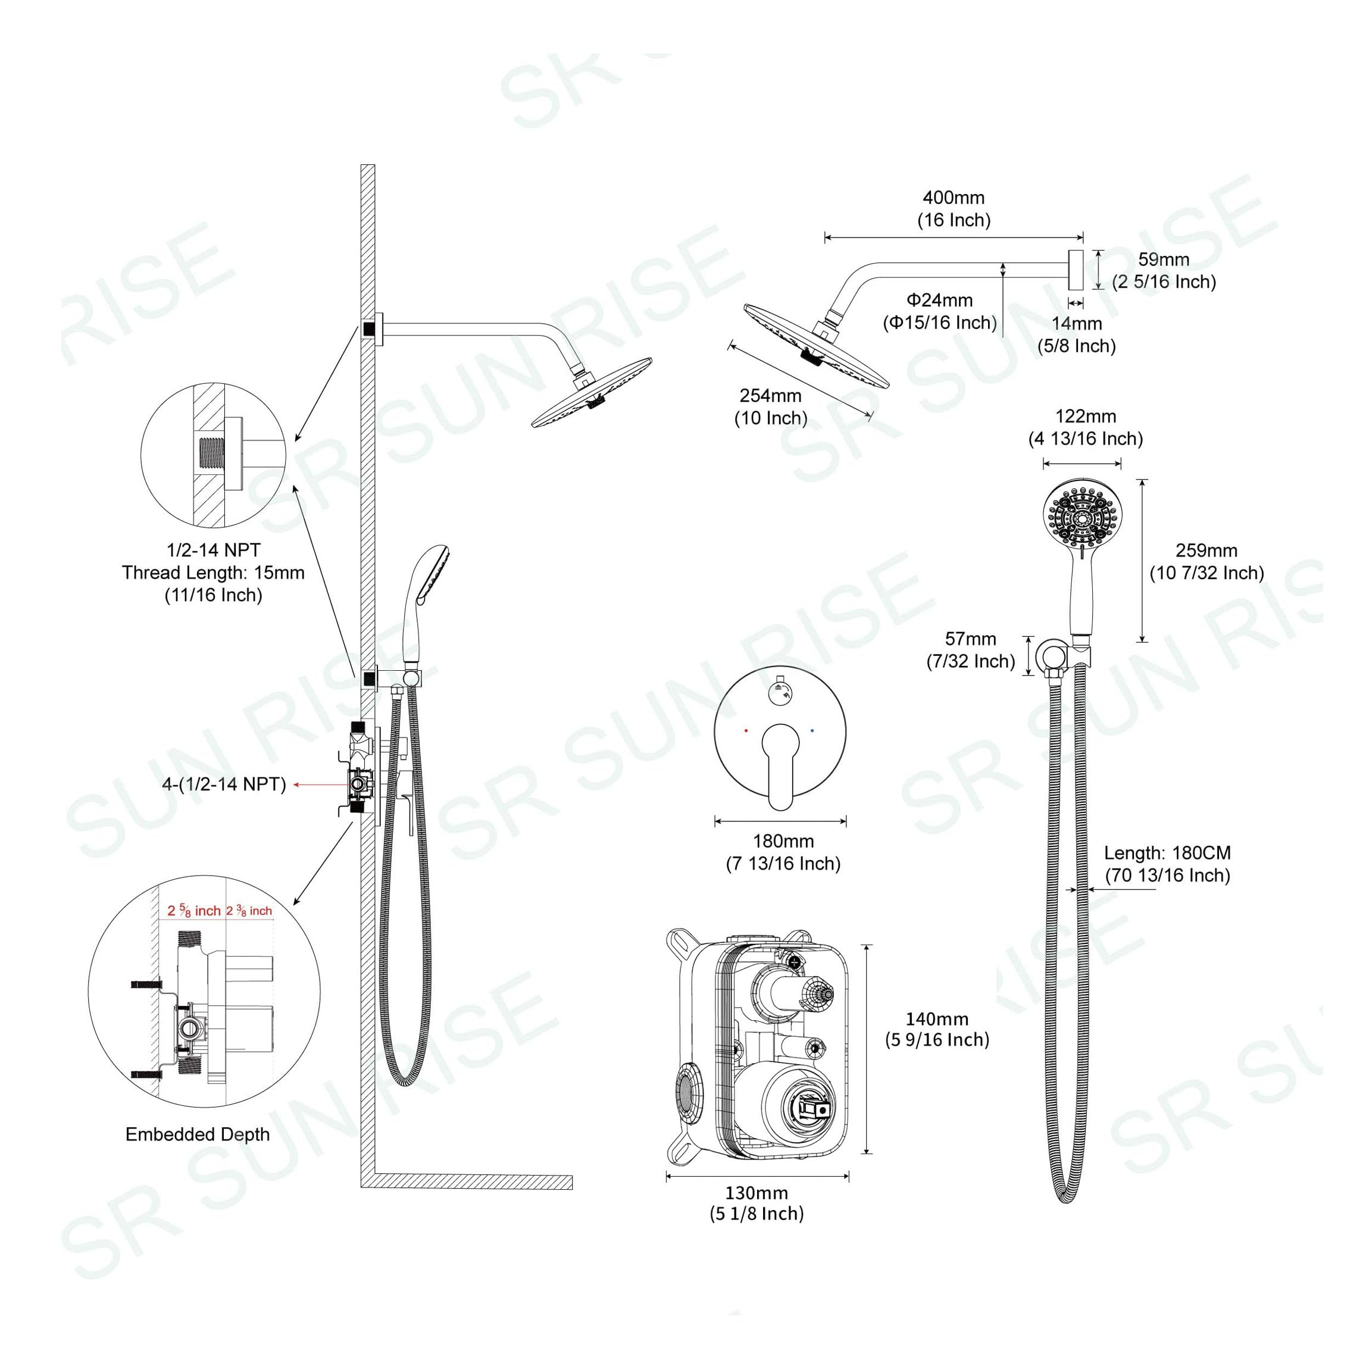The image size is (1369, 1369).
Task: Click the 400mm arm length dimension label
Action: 953,198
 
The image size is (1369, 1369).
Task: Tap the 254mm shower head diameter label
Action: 770,395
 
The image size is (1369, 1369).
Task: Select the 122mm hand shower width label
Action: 1086,416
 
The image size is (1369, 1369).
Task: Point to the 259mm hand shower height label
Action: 1206,551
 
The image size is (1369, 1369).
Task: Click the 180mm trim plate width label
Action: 783,841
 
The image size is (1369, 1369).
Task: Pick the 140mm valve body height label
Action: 936,1019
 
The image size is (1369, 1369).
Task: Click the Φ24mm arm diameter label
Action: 940,301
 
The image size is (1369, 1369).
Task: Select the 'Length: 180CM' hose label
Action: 1167,853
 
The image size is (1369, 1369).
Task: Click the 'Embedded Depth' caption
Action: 198,1134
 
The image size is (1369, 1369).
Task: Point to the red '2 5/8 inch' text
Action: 193,911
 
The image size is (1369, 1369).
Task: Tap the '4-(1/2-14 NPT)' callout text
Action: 224,784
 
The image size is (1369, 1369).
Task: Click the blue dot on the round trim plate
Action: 812,730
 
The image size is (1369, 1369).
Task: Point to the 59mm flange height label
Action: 1164,260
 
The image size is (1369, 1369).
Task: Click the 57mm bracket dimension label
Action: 970,639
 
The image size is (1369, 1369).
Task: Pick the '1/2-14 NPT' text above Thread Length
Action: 213,550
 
